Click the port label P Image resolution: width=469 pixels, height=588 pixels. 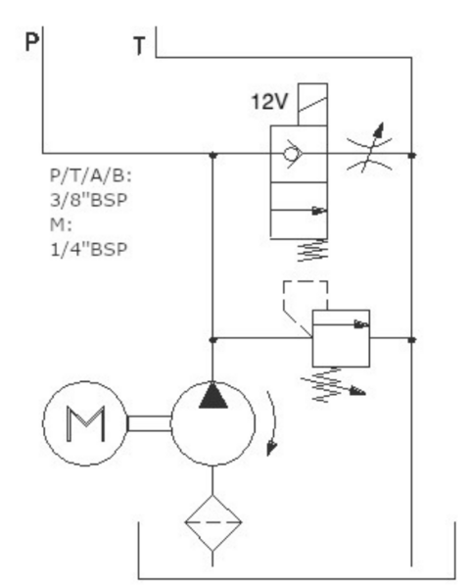[x=32, y=41]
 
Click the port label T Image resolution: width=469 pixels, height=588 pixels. [x=139, y=46]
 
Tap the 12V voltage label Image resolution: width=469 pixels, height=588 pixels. [x=269, y=102]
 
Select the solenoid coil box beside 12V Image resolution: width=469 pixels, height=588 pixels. [x=312, y=105]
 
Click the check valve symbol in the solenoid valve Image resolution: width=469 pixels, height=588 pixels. [x=293, y=154]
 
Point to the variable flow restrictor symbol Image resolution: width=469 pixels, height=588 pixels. [x=369, y=148]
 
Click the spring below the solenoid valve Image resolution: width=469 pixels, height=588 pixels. [x=312, y=250]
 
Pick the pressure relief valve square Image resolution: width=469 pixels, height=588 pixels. [x=342, y=338]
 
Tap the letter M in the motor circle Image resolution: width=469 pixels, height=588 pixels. [x=85, y=423]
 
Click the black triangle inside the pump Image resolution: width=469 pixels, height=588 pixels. [x=213, y=396]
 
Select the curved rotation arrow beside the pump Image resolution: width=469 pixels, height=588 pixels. [x=274, y=420]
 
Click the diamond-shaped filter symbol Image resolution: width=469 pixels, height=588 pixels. [x=213, y=522]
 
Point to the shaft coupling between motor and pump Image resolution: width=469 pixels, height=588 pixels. [x=150, y=423]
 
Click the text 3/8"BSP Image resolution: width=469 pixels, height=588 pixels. [x=89, y=200]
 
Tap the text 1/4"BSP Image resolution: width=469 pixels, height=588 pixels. [x=89, y=249]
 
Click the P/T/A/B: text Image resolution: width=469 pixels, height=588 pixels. [x=91, y=175]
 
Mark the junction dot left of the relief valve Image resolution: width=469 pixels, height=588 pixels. [x=212, y=340]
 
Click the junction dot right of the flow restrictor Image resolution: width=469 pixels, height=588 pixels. [x=412, y=155]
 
